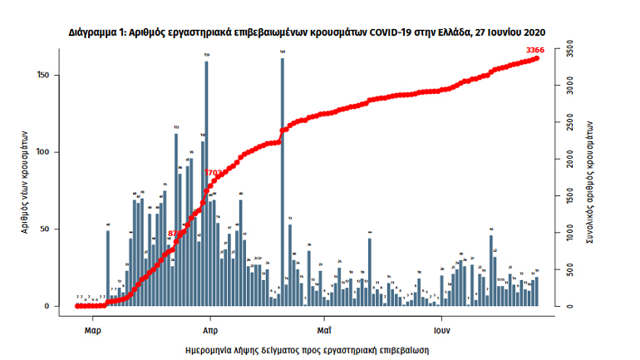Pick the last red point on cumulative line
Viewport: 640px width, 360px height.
pos(536,58)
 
